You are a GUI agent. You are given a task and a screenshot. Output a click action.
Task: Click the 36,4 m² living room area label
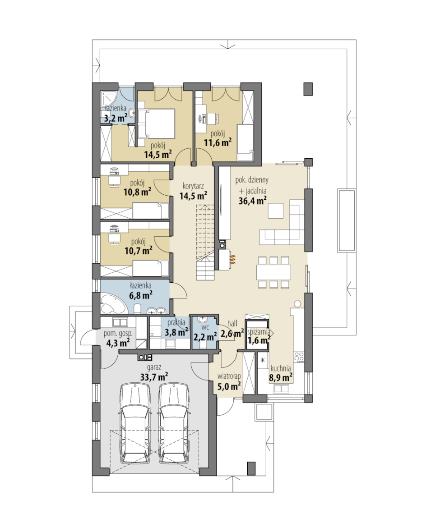[252, 201]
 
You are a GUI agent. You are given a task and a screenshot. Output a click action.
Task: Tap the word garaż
[154, 367]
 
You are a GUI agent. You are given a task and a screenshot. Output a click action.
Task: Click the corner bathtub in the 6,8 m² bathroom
[113, 304]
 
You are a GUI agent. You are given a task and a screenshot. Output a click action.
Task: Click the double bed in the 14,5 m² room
[156, 124]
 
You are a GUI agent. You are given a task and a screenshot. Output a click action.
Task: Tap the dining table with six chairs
[274, 272]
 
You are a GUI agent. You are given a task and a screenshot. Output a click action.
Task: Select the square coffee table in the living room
[276, 211]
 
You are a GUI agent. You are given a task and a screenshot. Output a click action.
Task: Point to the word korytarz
[193, 186]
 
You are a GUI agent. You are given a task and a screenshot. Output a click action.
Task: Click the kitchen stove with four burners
[299, 357]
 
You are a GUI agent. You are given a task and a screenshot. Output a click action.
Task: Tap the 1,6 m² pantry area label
[259, 340]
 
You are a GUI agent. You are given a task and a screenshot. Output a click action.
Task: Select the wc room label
[205, 328]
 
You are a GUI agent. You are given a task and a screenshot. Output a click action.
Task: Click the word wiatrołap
[229, 376]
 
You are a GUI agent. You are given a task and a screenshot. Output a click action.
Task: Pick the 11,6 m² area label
[218, 142]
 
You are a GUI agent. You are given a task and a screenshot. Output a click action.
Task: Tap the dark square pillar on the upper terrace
[308, 89]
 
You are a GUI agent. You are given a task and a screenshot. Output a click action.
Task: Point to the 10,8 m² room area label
[137, 193]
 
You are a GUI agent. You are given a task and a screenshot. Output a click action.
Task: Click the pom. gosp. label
[118, 334]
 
